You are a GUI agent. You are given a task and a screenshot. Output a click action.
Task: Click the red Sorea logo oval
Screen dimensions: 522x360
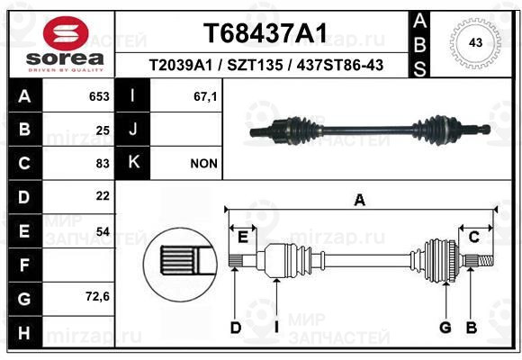pyautogui.click(x=66, y=32)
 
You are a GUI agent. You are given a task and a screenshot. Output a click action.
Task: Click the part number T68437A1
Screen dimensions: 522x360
pyautogui.click(x=265, y=33)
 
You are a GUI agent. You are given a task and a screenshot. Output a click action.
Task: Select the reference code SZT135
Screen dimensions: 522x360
pyautogui.click(x=255, y=65)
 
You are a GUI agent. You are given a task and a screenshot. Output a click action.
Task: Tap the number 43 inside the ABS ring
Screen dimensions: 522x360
pyautogui.click(x=475, y=42)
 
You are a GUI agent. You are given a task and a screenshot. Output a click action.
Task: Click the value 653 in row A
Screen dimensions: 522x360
pyautogui.click(x=99, y=96)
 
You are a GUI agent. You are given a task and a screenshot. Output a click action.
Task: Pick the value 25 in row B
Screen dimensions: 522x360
pyautogui.click(x=103, y=130)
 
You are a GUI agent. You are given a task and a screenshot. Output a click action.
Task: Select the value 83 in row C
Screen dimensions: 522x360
pyautogui.click(x=103, y=164)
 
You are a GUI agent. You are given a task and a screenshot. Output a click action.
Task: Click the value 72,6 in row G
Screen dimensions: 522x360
pyautogui.click(x=97, y=296)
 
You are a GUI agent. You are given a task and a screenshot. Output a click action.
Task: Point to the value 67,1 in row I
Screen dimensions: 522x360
pyautogui.click(x=205, y=96)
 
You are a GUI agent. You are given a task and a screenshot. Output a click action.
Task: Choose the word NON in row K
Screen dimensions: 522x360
pyautogui.click(x=203, y=164)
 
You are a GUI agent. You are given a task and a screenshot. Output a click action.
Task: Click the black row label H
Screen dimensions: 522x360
pyautogui.click(x=24, y=332)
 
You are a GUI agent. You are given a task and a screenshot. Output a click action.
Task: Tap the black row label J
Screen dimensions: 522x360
pyautogui.click(x=132, y=129)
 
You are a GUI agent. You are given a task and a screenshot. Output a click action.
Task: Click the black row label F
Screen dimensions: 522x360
pyautogui.click(x=24, y=265)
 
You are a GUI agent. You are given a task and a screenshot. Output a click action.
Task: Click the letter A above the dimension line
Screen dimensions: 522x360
pyautogui.click(x=359, y=201)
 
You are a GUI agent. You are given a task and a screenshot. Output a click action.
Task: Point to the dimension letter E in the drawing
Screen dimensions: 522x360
pyautogui.click(x=243, y=238)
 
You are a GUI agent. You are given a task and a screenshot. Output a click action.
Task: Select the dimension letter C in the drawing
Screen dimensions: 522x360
pyautogui.click(x=473, y=238)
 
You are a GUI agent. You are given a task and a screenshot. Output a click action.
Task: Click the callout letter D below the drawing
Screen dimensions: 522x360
pyautogui.click(x=236, y=328)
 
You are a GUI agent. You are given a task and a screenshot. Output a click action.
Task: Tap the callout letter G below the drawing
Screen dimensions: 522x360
pyautogui.click(x=445, y=328)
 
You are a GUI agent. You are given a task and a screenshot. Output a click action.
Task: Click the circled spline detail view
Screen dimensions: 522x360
pyautogui.click(x=180, y=265)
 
